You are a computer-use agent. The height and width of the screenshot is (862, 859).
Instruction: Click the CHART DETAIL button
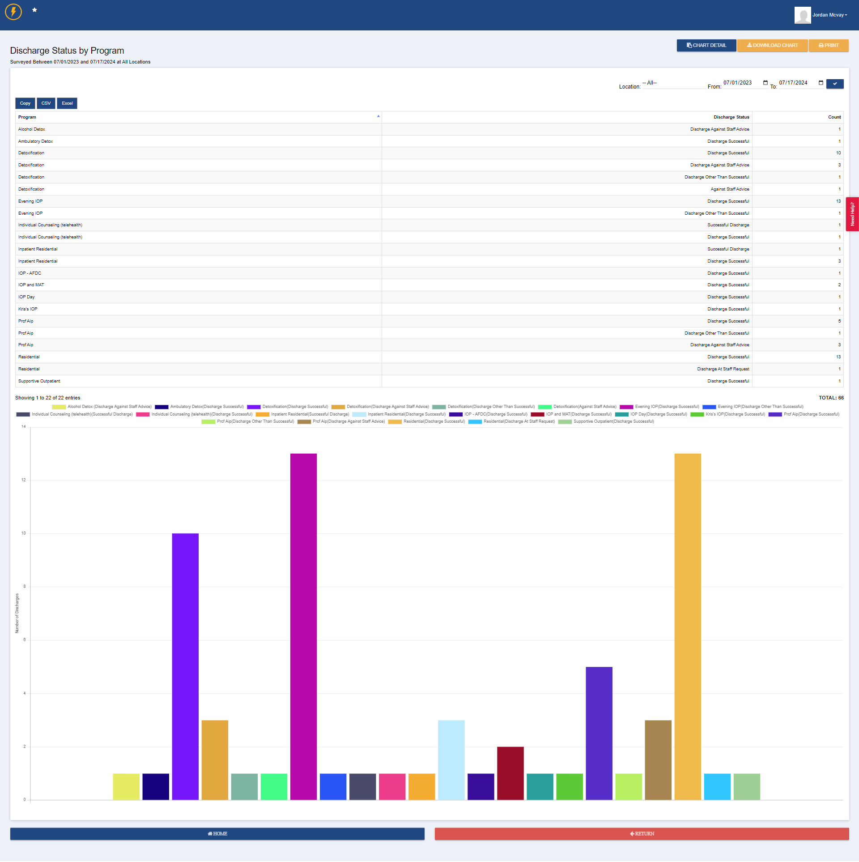[x=706, y=46]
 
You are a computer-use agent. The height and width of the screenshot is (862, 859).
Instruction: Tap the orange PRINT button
[x=829, y=46]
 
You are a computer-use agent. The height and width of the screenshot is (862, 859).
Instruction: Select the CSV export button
[x=46, y=103]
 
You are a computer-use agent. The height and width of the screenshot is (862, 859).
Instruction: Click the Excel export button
[x=67, y=103]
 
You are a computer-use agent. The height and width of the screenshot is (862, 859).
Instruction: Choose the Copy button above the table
[x=25, y=103]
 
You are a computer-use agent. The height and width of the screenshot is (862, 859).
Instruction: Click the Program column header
[x=27, y=117]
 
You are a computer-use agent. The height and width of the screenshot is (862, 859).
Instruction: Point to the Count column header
[x=834, y=117]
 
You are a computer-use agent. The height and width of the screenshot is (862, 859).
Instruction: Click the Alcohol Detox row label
[x=32, y=129]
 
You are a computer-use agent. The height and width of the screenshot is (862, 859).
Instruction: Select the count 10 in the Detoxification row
[x=838, y=153]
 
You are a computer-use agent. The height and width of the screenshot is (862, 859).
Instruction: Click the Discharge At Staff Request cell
[x=723, y=369]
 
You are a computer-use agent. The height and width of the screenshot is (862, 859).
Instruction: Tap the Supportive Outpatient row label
[x=39, y=381]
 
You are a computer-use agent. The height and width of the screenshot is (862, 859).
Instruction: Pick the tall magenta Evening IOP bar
[x=303, y=626]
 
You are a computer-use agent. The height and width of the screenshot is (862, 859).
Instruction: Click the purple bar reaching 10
[x=185, y=667]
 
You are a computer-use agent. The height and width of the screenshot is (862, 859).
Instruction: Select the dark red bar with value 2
[x=510, y=773]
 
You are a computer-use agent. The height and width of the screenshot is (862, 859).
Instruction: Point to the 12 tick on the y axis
[x=24, y=480]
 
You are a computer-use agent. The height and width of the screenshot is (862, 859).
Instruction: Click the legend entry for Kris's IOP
[x=727, y=414]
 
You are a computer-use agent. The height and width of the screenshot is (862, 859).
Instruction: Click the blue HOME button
[x=217, y=834]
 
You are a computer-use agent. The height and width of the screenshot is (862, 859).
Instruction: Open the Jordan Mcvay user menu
[x=829, y=15]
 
